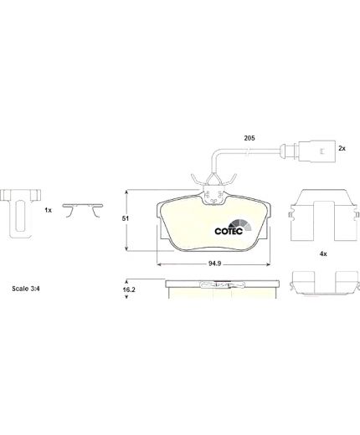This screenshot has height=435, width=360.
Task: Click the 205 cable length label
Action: (249, 138)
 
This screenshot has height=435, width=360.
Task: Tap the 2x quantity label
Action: (342, 149)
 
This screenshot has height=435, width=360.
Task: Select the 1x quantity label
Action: (49, 210)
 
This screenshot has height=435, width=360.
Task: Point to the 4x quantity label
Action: (323, 253)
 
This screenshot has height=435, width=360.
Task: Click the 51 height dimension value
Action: (126, 218)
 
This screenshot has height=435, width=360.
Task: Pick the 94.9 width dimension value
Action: (215, 264)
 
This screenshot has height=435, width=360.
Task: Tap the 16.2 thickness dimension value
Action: (129, 289)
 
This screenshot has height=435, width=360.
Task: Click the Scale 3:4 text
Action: (26, 289)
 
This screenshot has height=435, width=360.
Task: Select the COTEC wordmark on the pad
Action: (229, 231)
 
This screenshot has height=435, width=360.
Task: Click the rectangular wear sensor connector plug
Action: (316, 151)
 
